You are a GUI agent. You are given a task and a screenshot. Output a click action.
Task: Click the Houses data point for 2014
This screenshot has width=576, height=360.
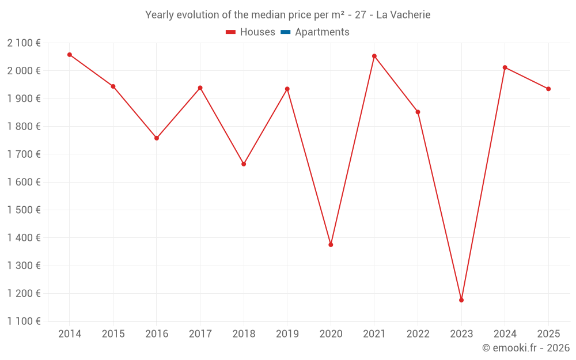pyautogui.click(x=70, y=55)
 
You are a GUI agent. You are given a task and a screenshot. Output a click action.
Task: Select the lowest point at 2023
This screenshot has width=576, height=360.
pyautogui.click(x=461, y=300)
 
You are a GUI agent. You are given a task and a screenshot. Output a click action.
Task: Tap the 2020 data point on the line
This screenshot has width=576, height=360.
pyautogui.click(x=331, y=245)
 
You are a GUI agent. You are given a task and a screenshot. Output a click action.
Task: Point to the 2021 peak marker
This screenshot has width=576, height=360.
pyautogui.click(x=374, y=56)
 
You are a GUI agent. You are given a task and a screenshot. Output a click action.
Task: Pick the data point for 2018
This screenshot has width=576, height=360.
pyautogui.click(x=244, y=164)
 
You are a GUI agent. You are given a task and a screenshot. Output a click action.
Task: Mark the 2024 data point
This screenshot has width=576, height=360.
pyautogui.click(x=505, y=67)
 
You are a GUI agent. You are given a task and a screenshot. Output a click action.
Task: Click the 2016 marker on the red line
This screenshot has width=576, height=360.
pyautogui.click(x=157, y=138)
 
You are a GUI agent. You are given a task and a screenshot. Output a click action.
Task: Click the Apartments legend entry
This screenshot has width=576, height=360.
pyautogui.click(x=322, y=32)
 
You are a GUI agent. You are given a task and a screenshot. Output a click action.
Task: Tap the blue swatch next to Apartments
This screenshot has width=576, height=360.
pyautogui.click(x=285, y=32)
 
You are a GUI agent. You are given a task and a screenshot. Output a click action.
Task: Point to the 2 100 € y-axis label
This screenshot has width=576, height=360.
pyautogui.click(x=24, y=43)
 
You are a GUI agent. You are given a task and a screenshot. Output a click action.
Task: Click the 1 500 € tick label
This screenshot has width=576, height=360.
pyautogui.click(x=24, y=210)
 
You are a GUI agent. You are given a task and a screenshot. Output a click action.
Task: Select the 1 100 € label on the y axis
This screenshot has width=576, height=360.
pyautogui.click(x=24, y=321)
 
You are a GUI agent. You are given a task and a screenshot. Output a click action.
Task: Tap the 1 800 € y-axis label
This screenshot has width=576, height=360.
pyautogui.click(x=24, y=126)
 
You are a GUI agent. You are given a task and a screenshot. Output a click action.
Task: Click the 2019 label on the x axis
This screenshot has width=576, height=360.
pyautogui.click(x=287, y=334)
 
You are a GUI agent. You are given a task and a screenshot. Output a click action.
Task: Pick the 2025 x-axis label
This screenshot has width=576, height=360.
pyautogui.click(x=548, y=334)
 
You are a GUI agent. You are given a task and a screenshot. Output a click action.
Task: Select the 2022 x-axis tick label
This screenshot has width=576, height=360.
pyautogui.click(x=418, y=334)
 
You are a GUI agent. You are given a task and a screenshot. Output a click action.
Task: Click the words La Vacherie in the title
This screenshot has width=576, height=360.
pyautogui.click(x=403, y=15)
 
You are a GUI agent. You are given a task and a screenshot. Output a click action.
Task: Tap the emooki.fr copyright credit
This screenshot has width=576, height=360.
pyautogui.click(x=526, y=348)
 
